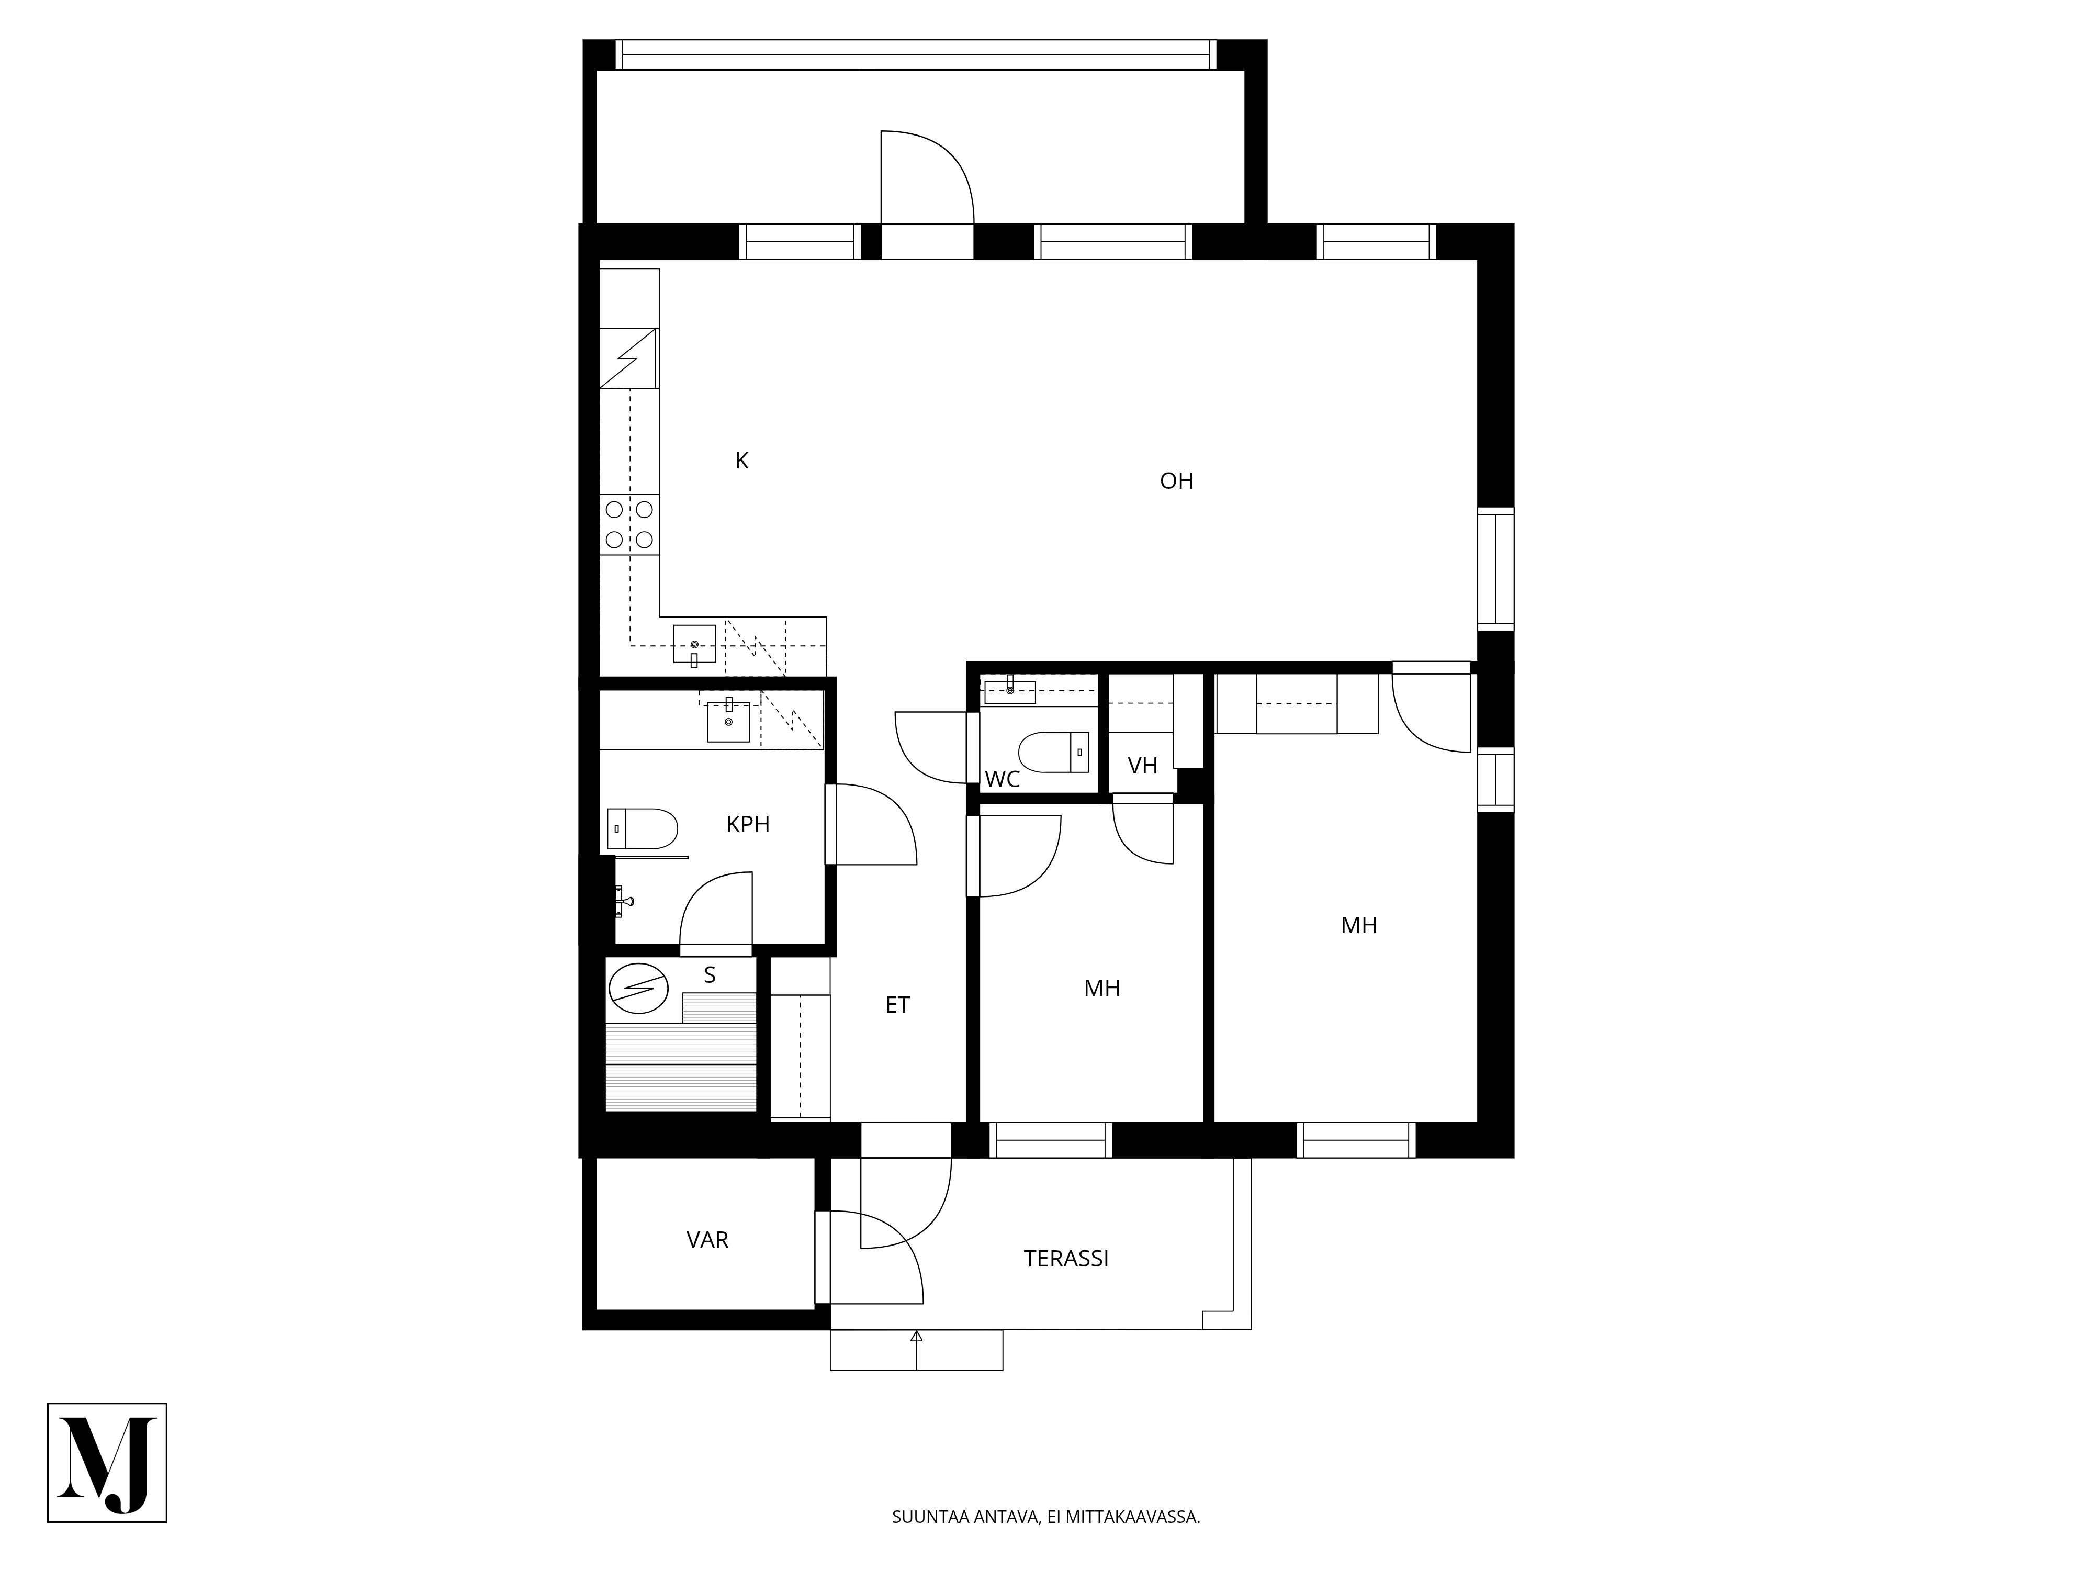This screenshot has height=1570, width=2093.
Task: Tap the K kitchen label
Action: [x=742, y=461]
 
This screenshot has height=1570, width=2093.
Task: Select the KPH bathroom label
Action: [x=748, y=824]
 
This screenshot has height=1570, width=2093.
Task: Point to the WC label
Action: [x=1002, y=779]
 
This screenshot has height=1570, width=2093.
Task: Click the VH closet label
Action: [x=1143, y=766]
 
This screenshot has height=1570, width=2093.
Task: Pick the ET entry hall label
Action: [x=897, y=1005]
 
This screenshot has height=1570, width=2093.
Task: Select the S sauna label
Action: [x=710, y=975]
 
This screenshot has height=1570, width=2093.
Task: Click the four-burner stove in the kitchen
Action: [x=629, y=524]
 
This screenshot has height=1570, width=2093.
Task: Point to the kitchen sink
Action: [x=694, y=644]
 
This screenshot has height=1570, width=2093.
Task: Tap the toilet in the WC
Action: [x=1053, y=753]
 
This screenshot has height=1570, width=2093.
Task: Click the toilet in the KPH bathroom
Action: [x=643, y=829]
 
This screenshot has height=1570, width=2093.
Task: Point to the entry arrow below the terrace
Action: [x=916, y=1350]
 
